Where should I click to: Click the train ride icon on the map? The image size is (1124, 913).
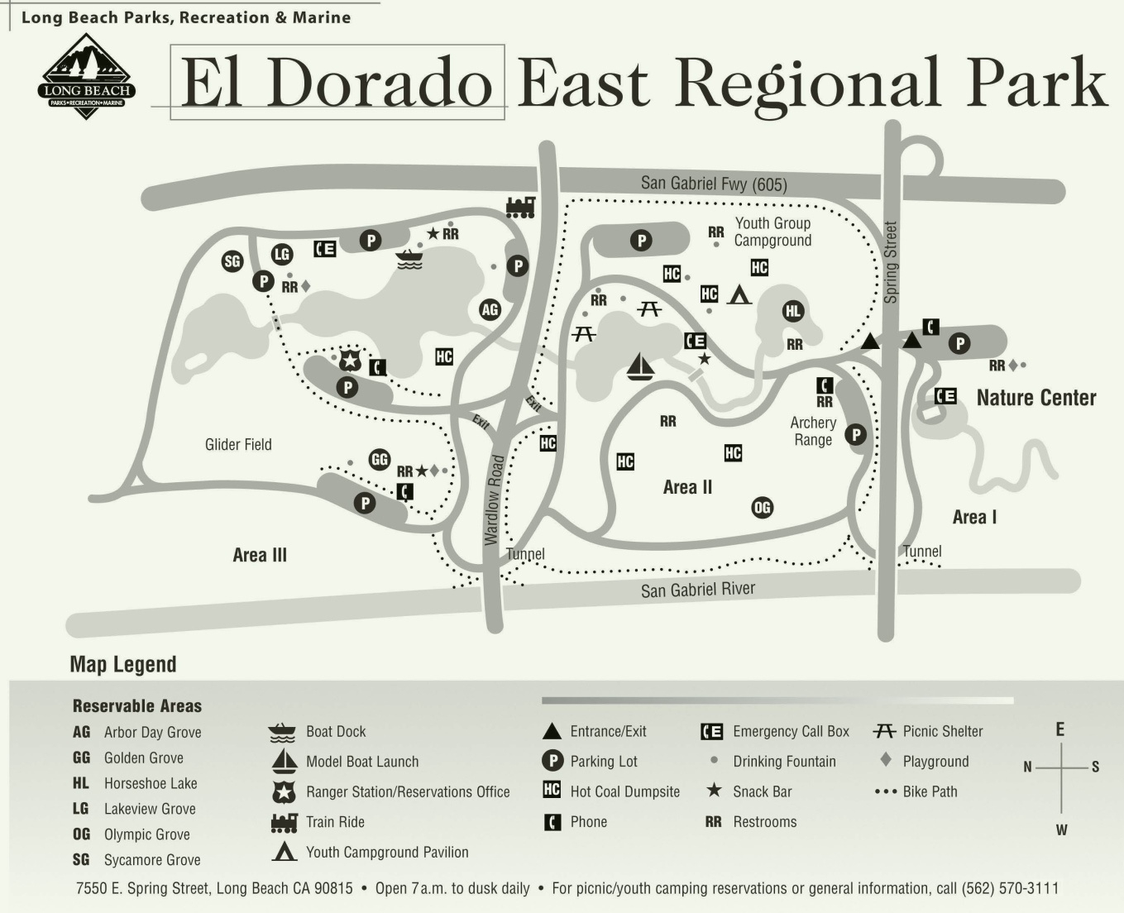click(520, 207)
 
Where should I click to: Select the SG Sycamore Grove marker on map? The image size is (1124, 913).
click(232, 261)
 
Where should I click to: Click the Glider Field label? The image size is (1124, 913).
click(238, 445)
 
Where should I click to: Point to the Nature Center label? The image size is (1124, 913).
click(1036, 398)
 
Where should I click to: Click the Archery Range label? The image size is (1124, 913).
click(813, 431)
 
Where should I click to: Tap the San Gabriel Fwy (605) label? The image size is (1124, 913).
click(714, 184)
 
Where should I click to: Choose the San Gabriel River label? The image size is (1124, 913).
click(697, 590)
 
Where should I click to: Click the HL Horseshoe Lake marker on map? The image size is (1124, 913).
click(793, 311)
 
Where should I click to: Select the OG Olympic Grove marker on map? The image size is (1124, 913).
click(762, 508)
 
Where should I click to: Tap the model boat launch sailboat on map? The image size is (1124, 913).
click(640, 366)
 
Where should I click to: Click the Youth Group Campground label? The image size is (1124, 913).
click(772, 232)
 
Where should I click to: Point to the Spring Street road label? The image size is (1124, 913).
click(891, 261)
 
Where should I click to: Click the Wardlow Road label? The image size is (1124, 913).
click(493, 500)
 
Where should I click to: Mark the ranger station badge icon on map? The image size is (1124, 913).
click(351, 360)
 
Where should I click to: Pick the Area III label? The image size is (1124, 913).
click(260, 556)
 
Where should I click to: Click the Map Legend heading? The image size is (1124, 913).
click(123, 665)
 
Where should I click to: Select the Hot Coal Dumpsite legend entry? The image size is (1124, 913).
click(624, 791)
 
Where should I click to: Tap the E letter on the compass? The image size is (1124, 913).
click(1059, 729)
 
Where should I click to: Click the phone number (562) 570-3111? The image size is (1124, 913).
click(1010, 888)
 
